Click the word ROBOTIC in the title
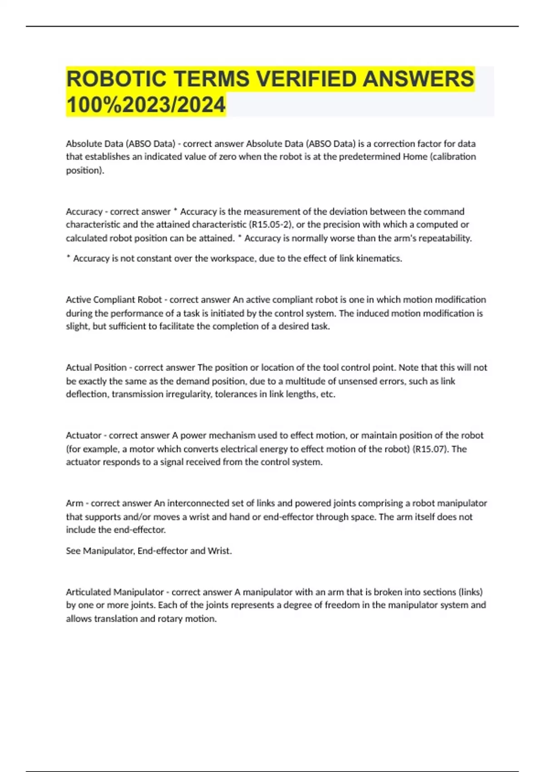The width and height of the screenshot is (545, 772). (x=116, y=79)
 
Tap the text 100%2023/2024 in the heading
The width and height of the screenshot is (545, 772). (x=146, y=104)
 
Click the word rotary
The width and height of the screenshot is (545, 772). (x=170, y=619)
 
